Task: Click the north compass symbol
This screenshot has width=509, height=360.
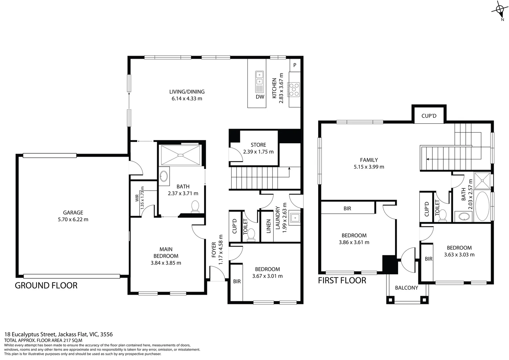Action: pos(500,10)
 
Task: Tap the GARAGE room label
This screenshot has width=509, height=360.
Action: pos(73,213)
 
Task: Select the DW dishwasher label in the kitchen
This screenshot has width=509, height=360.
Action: pos(260,97)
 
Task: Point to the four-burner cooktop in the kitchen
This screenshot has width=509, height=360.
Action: pos(294,89)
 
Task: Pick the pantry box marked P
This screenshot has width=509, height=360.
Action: pos(295,66)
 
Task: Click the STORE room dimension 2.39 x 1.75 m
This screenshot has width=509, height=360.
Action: pos(258,152)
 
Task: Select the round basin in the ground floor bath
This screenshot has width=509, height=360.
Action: pos(164,176)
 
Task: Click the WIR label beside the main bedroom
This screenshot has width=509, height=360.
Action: pos(137,198)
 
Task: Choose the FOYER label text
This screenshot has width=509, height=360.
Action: pos(214,250)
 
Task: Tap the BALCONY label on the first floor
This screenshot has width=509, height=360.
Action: pos(406,288)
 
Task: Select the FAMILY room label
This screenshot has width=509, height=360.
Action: pos(369,160)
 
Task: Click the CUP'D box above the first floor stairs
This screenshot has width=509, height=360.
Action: pos(429,116)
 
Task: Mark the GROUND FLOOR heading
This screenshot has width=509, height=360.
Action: pos(46,286)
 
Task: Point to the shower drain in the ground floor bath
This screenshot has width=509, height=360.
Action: pos(181,155)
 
